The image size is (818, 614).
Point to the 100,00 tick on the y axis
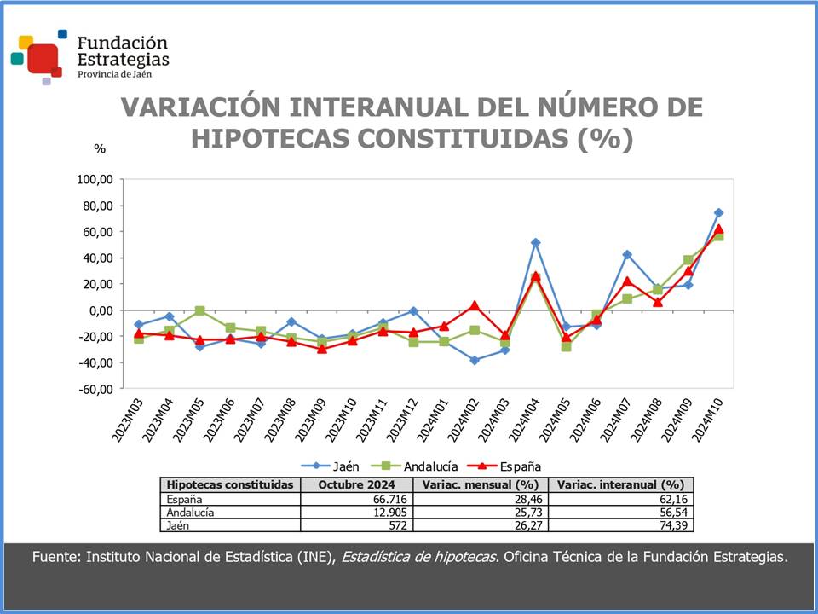[95, 179]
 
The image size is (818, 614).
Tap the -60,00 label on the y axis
[95, 389]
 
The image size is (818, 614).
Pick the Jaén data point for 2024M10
[718, 212]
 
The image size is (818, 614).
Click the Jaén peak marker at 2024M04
[535, 242]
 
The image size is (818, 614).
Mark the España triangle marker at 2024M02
[474, 305]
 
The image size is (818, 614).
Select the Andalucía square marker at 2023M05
[200, 310]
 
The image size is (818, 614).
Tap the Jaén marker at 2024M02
[474, 360]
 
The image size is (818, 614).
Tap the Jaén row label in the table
[178, 526]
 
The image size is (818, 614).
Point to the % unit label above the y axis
[100, 148]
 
